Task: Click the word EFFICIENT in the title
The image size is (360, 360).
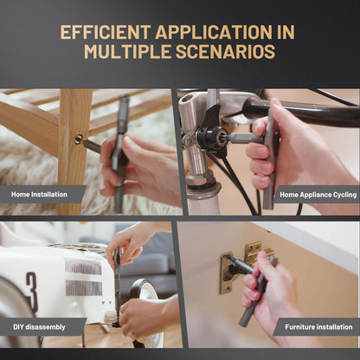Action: (106, 32)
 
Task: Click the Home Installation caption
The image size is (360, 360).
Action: (39, 195)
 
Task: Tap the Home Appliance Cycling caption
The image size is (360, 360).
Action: (318, 195)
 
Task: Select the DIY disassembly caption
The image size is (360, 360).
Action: (39, 327)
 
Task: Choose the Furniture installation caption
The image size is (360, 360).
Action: (318, 327)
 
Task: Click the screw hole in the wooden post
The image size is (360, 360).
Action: (79, 139)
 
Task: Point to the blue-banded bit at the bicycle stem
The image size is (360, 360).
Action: (231, 137)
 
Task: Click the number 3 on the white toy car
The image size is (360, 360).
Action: (32, 292)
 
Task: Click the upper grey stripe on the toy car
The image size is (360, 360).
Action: (83, 266)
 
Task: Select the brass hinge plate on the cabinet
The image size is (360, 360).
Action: (227, 273)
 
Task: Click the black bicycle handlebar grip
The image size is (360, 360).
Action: (301, 111)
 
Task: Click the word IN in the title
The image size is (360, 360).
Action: (286, 32)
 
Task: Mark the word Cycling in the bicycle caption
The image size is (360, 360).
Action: (345, 195)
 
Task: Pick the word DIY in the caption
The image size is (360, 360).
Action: (18, 327)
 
